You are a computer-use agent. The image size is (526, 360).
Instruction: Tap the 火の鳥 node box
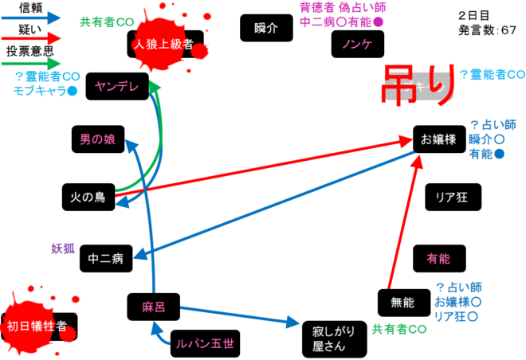pos(88,196)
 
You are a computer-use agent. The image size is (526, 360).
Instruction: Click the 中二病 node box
pos(104,259)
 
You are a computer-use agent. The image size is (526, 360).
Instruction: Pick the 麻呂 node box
pos(152,306)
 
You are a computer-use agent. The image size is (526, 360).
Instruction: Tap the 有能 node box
pos(438,258)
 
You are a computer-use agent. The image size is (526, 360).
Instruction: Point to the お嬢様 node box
pos(438,140)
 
